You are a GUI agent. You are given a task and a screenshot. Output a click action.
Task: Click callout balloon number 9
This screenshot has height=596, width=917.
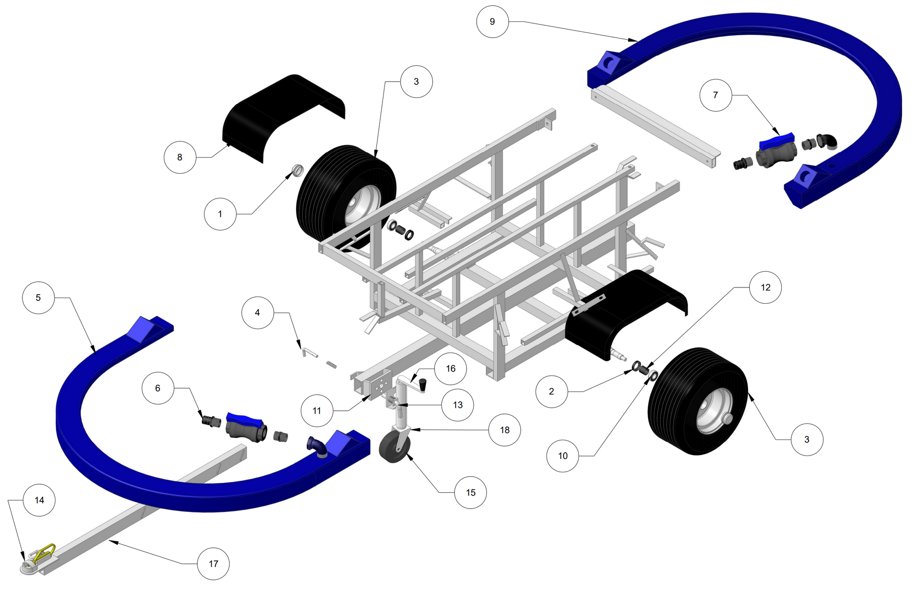(x=492, y=21)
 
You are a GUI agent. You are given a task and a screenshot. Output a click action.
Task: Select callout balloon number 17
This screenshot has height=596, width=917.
(x=213, y=564)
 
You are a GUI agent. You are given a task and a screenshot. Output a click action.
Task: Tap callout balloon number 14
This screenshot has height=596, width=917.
(x=39, y=500)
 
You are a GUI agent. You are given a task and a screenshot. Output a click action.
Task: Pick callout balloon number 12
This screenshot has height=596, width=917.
(x=766, y=287)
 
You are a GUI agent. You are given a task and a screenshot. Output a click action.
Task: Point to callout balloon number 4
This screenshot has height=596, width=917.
(x=257, y=312)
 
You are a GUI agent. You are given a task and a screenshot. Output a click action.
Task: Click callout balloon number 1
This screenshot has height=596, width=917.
(x=220, y=214)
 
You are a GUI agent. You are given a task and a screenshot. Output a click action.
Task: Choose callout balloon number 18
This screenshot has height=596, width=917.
(x=505, y=430)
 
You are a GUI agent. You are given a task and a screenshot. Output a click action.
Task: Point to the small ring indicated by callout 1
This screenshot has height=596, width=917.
(x=298, y=170)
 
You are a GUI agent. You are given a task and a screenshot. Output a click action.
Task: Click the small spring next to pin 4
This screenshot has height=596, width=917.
(x=331, y=365)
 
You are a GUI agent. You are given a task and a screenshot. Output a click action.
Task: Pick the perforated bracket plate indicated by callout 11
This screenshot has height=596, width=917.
(x=380, y=386)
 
